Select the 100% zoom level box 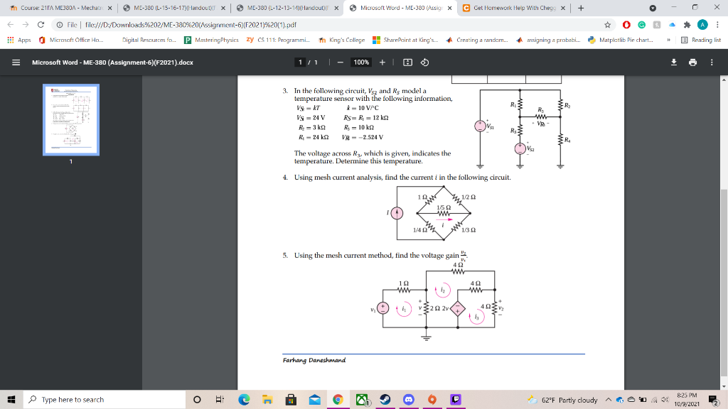coord(361,62)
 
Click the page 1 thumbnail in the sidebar coord(70,119)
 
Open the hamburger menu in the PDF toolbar coord(15,62)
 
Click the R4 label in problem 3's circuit coord(567,138)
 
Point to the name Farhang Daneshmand coord(314,360)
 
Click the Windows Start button coord(12,399)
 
